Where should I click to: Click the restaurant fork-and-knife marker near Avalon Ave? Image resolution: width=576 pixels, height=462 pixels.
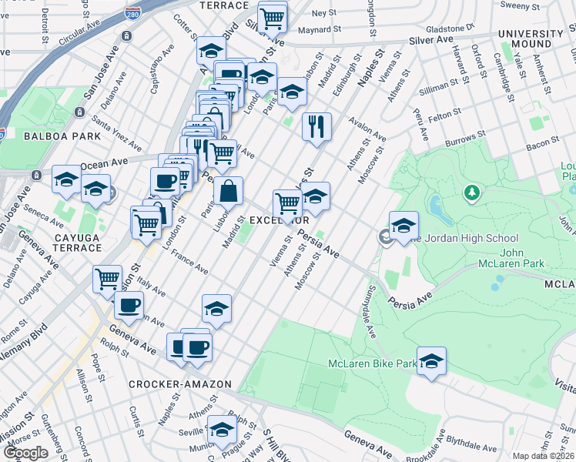(x=316, y=126)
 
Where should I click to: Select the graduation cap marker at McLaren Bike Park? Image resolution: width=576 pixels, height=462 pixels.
(x=432, y=361)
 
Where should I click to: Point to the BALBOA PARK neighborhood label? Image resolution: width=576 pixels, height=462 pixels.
(x=30, y=136)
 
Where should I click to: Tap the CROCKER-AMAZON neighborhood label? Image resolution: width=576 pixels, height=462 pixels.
(x=168, y=383)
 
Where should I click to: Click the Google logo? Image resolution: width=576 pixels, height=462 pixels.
(x=25, y=453)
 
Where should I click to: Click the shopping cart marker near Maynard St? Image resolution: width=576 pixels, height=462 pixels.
(x=272, y=17)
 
